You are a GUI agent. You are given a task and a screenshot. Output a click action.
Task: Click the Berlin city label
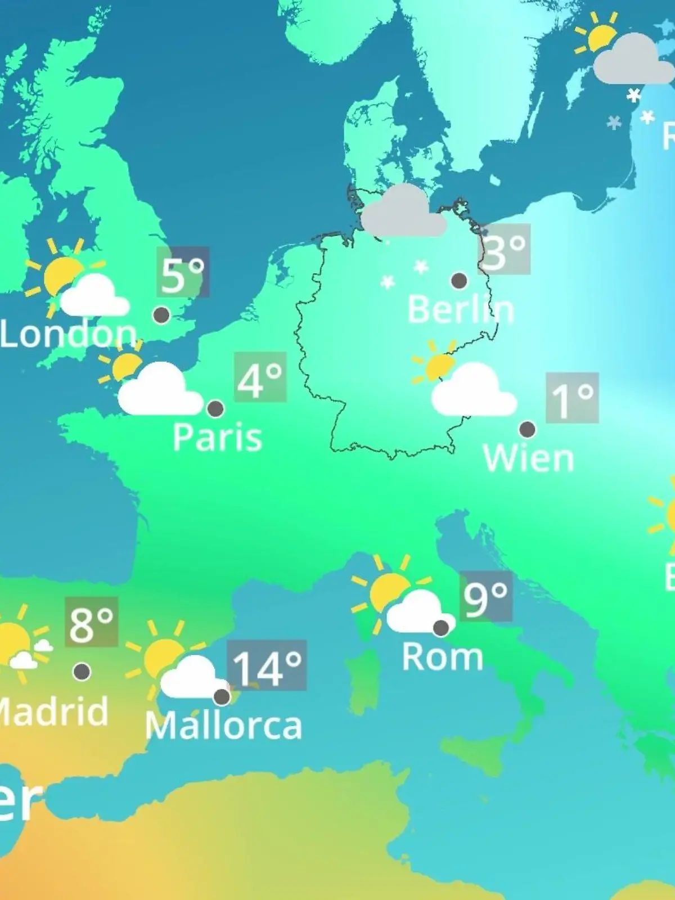click(x=460, y=309)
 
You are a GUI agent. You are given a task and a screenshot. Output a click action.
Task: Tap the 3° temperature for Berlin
click(x=505, y=249)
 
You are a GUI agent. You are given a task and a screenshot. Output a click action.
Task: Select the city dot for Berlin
click(x=459, y=280)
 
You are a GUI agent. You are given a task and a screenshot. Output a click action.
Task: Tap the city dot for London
click(x=161, y=315)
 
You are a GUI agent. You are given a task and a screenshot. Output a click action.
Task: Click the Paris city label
click(x=218, y=437)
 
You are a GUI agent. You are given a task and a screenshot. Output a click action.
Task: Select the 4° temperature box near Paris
click(x=260, y=377)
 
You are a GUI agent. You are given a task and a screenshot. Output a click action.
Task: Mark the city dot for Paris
click(x=215, y=408)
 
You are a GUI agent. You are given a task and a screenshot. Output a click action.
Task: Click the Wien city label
click(x=529, y=458)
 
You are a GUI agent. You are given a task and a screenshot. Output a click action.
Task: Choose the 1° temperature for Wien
click(x=572, y=398)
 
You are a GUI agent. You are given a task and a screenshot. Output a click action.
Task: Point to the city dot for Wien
click(x=527, y=429)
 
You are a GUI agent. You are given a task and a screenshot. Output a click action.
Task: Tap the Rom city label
click(x=443, y=657)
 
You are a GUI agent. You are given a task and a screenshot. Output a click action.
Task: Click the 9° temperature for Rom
click(x=486, y=596)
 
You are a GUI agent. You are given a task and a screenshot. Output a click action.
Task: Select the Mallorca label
click(x=224, y=726)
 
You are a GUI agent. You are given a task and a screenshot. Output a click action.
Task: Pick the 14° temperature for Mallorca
click(x=267, y=665)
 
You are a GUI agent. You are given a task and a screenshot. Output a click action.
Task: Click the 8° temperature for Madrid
click(x=92, y=622)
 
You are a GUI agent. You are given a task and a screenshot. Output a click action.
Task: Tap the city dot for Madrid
click(x=82, y=671)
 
